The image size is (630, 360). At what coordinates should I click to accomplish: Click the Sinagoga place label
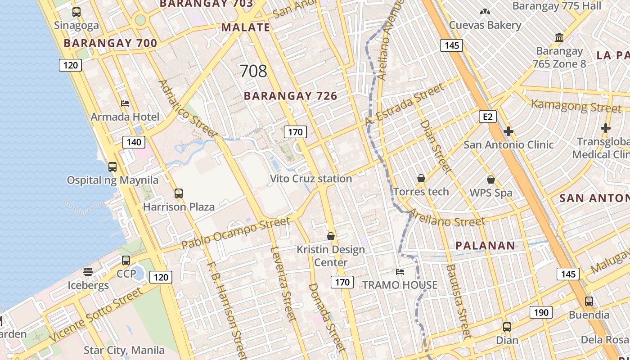point(76,26)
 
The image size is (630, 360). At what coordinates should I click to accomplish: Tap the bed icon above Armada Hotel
point(125,103)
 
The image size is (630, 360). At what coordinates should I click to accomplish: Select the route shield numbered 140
point(134,143)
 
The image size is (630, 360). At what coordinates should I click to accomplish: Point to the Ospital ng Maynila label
point(112,180)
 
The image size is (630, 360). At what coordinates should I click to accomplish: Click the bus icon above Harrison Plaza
point(179,193)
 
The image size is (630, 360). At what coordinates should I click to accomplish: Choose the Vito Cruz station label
point(310,179)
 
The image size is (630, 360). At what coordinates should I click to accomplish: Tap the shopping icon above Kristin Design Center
point(331,236)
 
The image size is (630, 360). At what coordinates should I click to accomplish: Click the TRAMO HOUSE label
point(400,285)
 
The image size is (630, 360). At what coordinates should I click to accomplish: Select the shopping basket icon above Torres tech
point(421,178)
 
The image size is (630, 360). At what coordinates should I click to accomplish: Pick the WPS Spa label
point(491,193)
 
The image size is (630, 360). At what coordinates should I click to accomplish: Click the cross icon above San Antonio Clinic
point(508,131)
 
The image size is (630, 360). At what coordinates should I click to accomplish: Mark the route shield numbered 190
point(540,312)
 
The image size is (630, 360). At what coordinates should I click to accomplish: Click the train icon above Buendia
point(589,301)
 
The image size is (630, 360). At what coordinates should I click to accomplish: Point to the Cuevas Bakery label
point(485,25)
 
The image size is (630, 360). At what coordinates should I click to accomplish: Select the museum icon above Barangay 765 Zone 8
point(559,37)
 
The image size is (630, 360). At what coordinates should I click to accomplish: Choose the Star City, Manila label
point(124,350)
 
